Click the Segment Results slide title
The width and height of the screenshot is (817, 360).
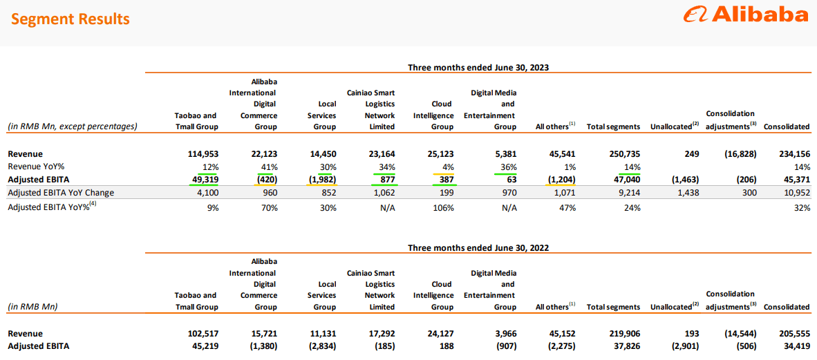click(70, 19)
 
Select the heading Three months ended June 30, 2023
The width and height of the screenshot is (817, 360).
click(478, 67)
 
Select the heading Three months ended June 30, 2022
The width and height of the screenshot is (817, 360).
click(478, 247)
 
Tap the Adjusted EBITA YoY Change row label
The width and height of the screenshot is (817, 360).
click(61, 193)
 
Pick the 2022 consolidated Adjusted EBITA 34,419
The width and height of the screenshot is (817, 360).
click(794, 346)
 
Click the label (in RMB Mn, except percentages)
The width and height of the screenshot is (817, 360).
click(73, 126)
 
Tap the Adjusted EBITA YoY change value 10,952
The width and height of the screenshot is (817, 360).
click(794, 193)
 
